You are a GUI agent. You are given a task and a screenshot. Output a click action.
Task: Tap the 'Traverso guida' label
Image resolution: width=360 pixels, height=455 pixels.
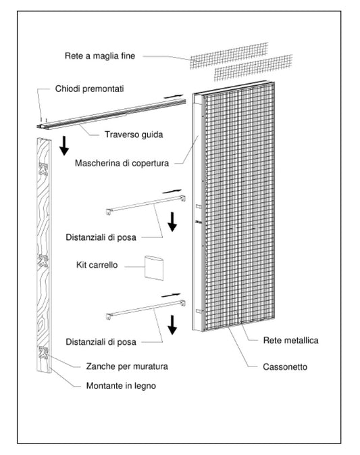tap(133, 134)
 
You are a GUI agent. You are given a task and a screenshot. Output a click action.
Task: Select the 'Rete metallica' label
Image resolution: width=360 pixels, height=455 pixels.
tap(290, 340)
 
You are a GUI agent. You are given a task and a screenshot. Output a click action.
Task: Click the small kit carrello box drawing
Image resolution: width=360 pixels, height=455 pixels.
tap(155, 268)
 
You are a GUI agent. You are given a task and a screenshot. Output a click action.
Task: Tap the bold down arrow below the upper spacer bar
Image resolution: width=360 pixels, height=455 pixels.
tap(173, 221)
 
